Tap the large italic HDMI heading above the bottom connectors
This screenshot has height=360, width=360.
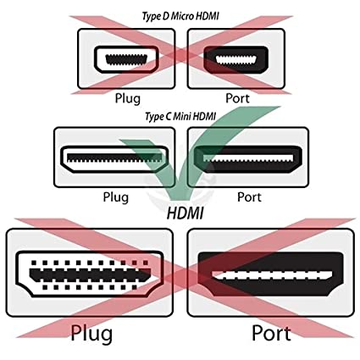[185, 213]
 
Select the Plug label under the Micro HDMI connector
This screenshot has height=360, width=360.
[127, 99]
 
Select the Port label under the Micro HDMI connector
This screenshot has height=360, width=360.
[237, 98]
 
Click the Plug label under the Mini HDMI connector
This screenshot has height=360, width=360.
[115, 197]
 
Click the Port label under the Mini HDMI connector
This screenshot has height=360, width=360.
[249, 197]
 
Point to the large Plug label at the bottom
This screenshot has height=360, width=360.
[91, 334]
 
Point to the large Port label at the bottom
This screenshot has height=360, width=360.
[271, 333]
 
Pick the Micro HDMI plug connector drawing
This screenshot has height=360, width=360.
[126, 59]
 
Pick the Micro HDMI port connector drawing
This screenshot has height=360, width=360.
[235, 59]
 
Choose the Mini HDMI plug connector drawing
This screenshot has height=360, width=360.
[114, 159]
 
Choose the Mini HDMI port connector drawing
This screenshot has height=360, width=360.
[248, 159]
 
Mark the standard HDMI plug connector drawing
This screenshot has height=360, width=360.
[90, 274]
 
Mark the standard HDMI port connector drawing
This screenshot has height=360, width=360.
[271, 274]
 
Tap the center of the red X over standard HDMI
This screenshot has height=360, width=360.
[185, 278]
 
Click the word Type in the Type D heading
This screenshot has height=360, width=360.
[151, 16]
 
